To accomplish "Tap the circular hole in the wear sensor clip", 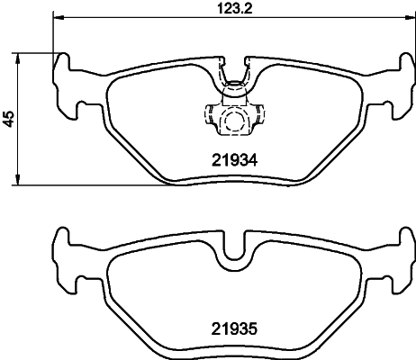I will (234, 122).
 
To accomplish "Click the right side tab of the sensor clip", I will (258, 116).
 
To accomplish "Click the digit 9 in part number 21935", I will (227, 330).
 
